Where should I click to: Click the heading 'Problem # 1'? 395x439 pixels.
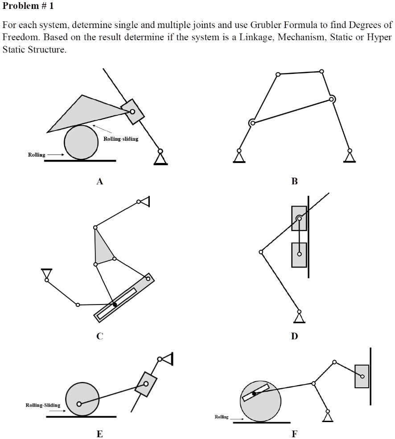click(x=28, y=7)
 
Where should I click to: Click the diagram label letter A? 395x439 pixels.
click(x=100, y=181)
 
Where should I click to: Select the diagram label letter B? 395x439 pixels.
click(x=294, y=181)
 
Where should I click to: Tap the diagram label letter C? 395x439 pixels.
click(x=100, y=336)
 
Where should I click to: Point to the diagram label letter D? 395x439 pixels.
click(x=294, y=336)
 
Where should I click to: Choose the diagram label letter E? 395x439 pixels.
click(x=100, y=434)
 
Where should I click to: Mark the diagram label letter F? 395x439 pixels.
click(x=294, y=434)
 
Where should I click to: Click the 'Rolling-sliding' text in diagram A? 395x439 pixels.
click(x=121, y=139)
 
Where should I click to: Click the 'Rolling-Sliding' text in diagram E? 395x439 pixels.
click(x=43, y=405)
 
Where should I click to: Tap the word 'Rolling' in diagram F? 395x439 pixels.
click(x=222, y=417)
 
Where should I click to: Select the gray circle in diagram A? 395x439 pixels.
click(x=81, y=142)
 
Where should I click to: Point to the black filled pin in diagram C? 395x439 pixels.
click(x=115, y=305)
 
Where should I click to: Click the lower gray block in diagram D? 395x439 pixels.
click(x=299, y=255)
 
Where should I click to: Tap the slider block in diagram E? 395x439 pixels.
click(x=146, y=384)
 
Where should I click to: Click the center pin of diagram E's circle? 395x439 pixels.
click(x=79, y=404)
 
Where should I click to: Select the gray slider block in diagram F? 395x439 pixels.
click(x=362, y=376)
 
